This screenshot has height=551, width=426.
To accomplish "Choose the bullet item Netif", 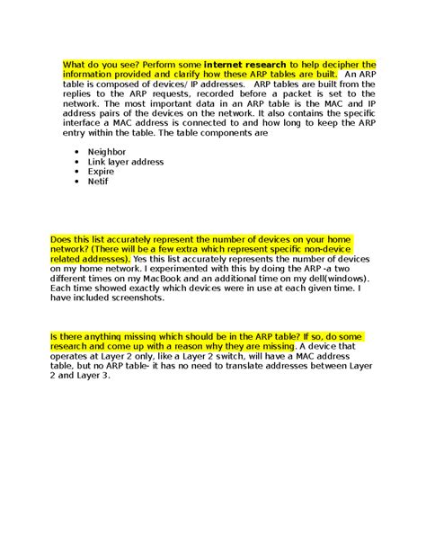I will click(x=98, y=181).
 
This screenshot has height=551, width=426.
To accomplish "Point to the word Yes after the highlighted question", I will click(x=142, y=258).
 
